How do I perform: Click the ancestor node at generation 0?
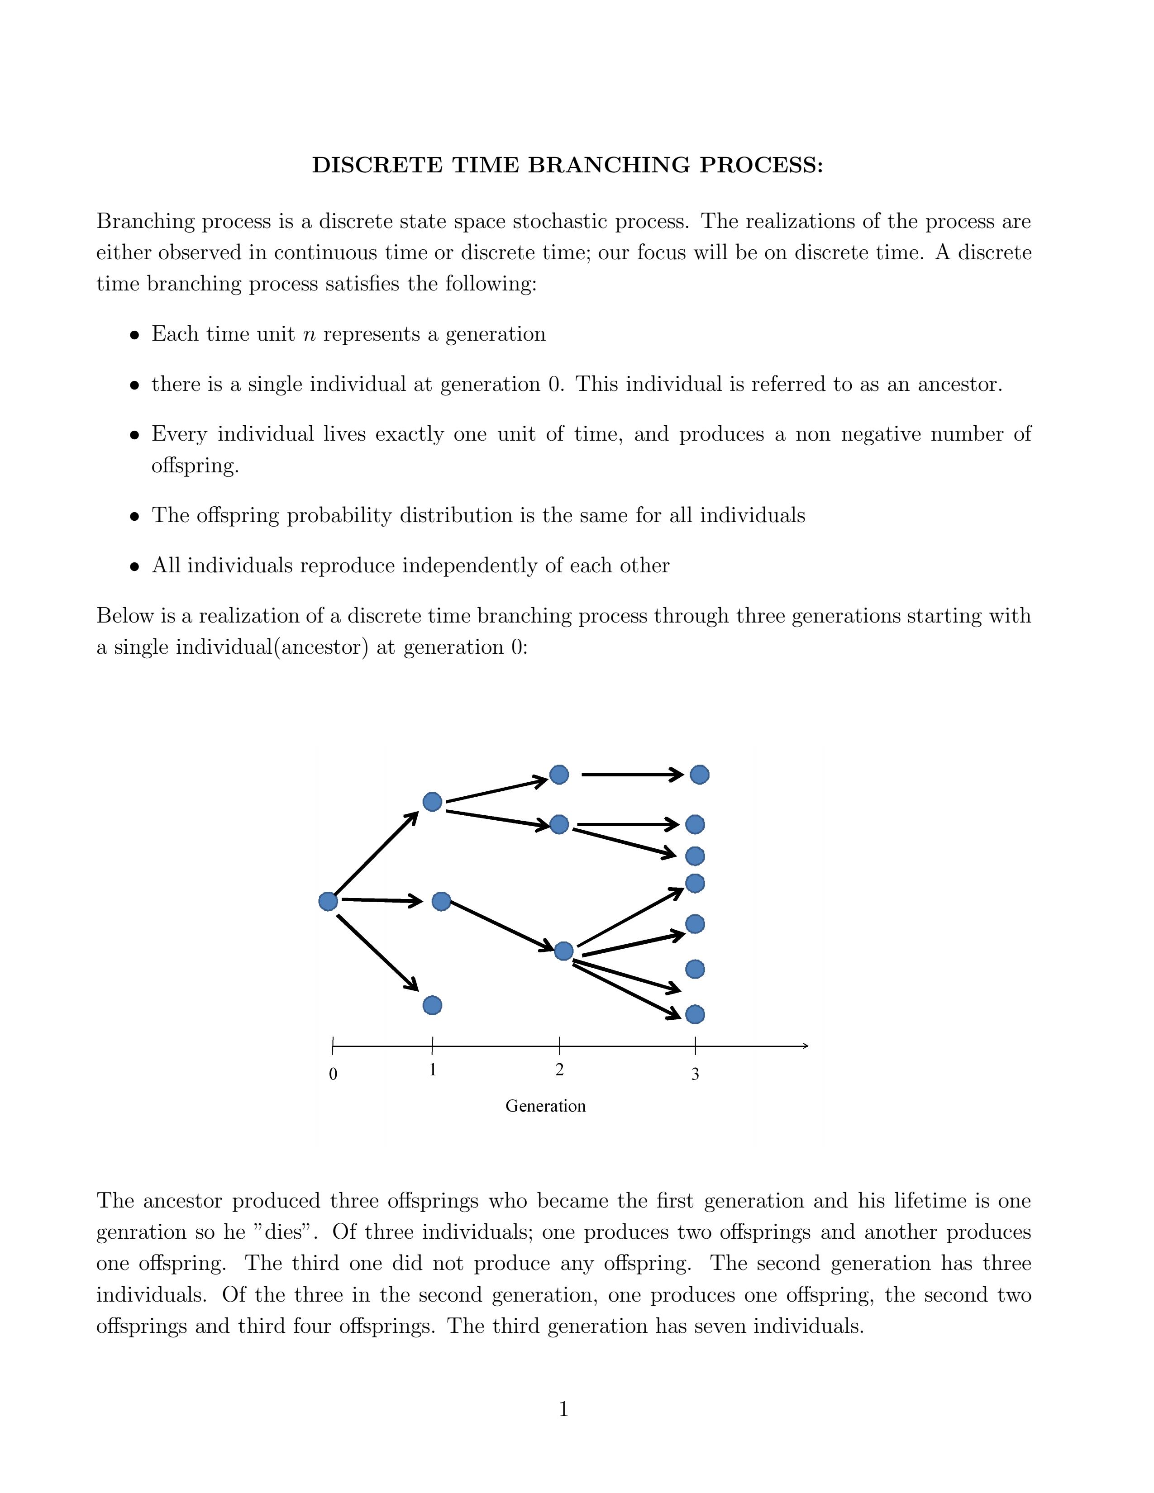[328, 902]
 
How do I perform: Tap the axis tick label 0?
[333, 1074]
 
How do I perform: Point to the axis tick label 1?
[433, 1070]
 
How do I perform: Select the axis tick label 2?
[559, 1070]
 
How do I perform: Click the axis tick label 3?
[695, 1074]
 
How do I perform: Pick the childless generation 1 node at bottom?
[432, 1005]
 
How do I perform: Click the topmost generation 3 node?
[699, 775]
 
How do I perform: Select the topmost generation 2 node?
[559, 775]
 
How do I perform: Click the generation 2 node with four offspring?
[564, 951]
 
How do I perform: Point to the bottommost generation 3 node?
[695, 1014]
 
